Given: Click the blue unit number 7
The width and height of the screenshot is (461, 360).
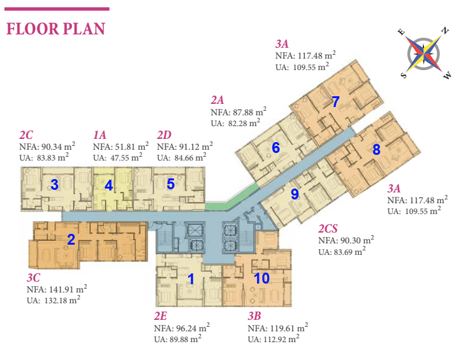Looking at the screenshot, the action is point(335,102).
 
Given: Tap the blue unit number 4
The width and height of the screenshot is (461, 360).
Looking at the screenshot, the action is point(109,185).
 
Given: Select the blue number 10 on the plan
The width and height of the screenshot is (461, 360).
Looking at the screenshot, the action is point(261,278).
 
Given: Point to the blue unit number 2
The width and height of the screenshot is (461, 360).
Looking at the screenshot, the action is point(71,239).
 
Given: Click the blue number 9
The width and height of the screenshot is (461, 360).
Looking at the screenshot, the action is point(295,194).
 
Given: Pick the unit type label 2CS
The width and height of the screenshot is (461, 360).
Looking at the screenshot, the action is point(328,229).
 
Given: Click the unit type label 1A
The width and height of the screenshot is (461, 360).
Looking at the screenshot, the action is point(99,135).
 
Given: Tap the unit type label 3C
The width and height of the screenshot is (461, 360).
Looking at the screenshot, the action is point(33,278).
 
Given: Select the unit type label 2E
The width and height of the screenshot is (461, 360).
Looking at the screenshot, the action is point(160,316).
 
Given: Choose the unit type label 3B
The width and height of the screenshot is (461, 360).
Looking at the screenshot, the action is point(254,316).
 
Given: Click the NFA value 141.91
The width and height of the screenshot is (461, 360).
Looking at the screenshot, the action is point(61,289).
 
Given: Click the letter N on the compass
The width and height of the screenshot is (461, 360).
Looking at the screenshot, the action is point(446,31).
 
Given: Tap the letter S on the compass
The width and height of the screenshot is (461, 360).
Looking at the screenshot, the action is point(404,75).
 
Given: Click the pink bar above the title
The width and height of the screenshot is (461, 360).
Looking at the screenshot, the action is point(57,9).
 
